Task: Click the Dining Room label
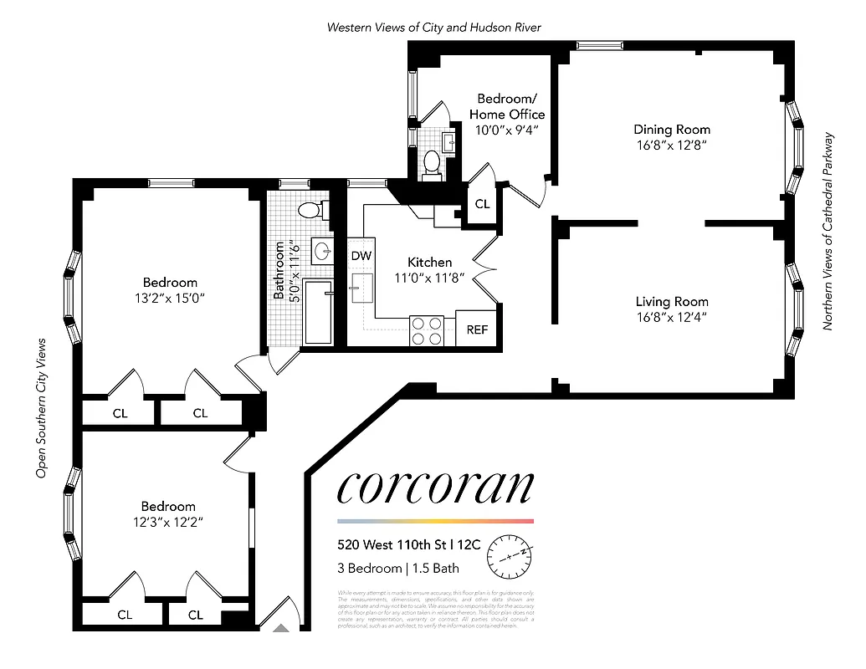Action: click(671, 129)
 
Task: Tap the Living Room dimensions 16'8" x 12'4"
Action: click(671, 317)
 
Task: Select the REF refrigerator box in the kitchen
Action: click(477, 329)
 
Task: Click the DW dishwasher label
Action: click(361, 256)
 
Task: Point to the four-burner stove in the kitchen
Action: click(426, 330)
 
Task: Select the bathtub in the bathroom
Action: click(318, 312)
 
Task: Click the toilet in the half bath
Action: click(433, 161)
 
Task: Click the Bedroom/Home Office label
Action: click(506, 106)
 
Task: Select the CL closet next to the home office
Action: click(482, 204)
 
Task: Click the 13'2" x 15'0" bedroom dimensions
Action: click(170, 298)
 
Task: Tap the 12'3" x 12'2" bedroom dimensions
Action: click(168, 522)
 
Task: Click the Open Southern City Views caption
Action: click(39, 409)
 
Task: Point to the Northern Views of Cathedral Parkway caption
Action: click(828, 231)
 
